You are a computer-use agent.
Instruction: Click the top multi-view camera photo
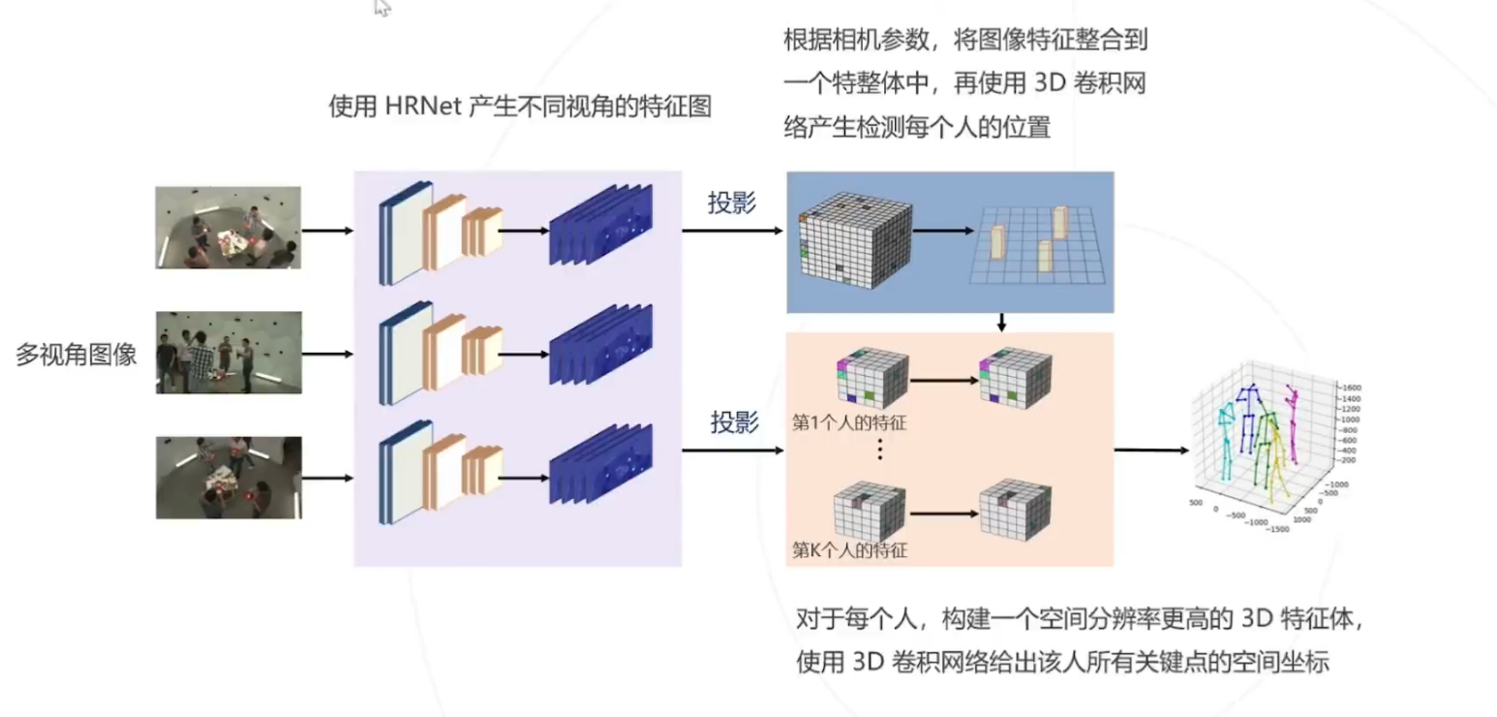point(229,228)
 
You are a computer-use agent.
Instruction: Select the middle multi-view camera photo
point(229,353)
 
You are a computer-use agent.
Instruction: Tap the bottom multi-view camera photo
point(229,477)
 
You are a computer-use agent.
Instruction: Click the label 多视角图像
point(76,355)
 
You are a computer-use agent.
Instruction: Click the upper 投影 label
point(732,203)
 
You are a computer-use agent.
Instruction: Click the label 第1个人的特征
point(849,422)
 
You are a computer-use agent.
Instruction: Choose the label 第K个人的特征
point(849,551)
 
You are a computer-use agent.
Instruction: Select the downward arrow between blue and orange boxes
point(1002,322)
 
